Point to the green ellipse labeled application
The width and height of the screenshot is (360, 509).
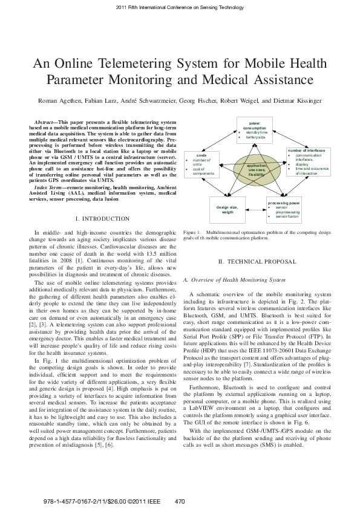click(x=257, y=169)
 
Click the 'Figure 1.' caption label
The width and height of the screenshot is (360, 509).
click(x=191, y=232)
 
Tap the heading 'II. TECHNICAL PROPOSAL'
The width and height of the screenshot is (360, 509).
click(x=257, y=261)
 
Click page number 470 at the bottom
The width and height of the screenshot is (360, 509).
click(x=179, y=502)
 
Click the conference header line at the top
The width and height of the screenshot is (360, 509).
click(x=180, y=7)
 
